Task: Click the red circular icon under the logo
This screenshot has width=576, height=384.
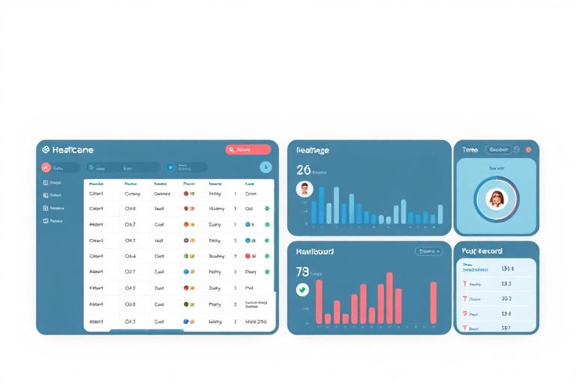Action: click(x=46, y=168)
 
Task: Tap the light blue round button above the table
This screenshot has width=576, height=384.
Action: click(x=265, y=167)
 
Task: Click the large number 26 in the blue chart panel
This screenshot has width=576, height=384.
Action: click(x=303, y=170)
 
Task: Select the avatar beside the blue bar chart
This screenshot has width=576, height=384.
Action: click(x=304, y=189)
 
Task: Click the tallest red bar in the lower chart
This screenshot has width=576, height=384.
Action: click(x=389, y=297)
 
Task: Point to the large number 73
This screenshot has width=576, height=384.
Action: click(x=302, y=271)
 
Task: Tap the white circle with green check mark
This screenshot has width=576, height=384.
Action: click(x=302, y=289)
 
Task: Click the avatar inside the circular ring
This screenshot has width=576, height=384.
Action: click(x=496, y=199)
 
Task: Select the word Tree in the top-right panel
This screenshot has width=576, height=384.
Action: click(x=469, y=150)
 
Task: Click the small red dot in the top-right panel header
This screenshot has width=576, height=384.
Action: click(x=528, y=150)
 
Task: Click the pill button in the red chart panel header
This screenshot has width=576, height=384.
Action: click(x=429, y=252)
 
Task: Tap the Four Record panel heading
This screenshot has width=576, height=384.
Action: click(x=482, y=251)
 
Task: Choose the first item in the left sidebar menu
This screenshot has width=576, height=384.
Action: click(x=52, y=182)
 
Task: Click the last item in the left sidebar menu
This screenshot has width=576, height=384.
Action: click(x=52, y=221)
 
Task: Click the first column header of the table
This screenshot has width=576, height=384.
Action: click(x=96, y=183)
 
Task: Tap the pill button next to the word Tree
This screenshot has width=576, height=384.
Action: click(x=499, y=150)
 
